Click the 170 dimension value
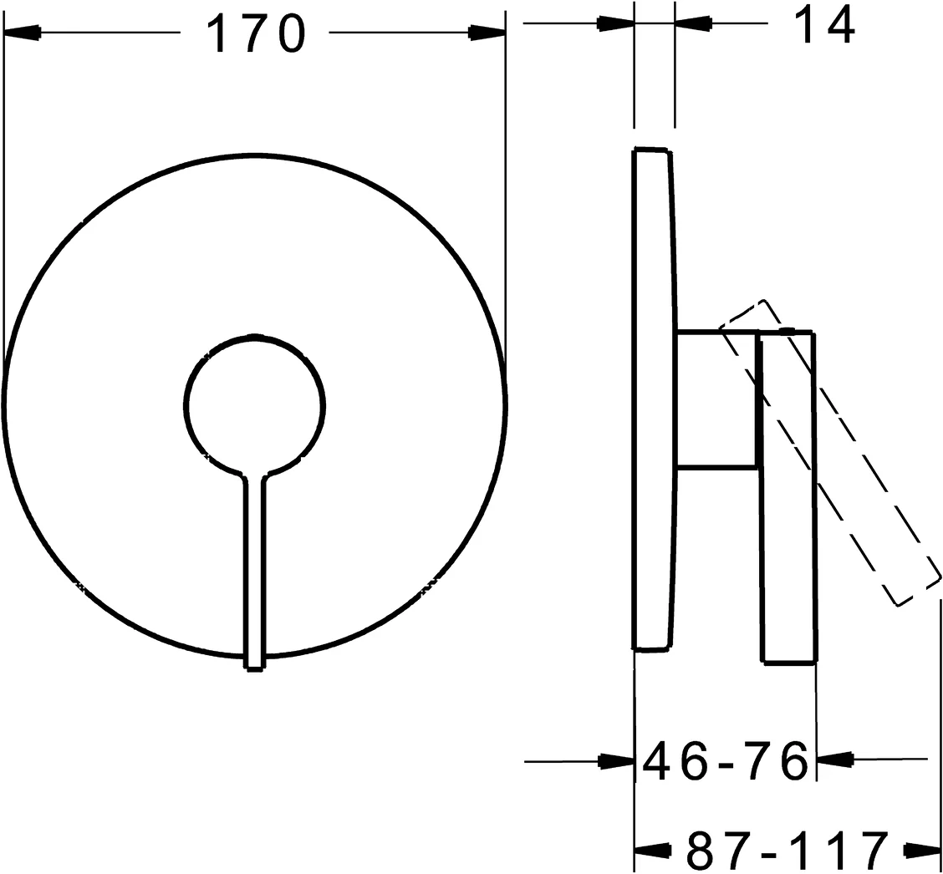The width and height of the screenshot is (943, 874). click(x=254, y=33)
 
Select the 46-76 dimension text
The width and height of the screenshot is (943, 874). click(x=723, y=760)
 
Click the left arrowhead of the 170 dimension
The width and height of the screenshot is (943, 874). click(x=23, y=33)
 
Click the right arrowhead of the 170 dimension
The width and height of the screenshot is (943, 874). click(x=487, y=33)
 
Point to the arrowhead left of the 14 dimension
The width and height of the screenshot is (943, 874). click(x=616, y=23)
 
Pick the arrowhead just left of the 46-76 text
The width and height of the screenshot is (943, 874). click(x=616, y=761)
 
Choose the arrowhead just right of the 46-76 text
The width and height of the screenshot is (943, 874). click(x=834, y=759)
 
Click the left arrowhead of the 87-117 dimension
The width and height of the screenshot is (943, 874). click(x=653, y=851)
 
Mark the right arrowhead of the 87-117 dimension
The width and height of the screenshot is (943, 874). click(x=923, y=851)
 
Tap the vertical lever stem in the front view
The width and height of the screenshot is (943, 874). click(x=254, y=568)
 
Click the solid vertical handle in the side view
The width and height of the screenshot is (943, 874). click(x=788, y=501)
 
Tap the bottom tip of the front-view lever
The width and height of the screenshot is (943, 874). click(x=254, y=666)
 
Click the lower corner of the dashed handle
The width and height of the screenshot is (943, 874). click(x=899, y=604)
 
